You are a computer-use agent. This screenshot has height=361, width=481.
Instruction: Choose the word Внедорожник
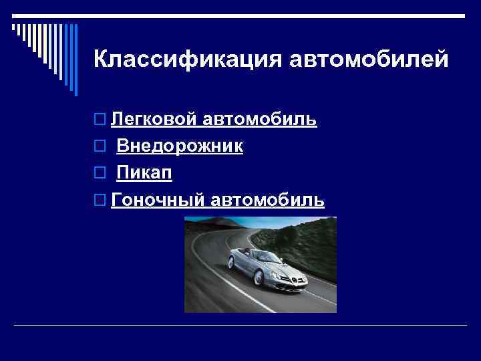tap(180, 146)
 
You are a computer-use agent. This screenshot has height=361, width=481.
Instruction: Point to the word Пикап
tap(144, 173)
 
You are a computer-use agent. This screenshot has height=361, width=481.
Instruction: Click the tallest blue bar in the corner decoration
tap(75, 59)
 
